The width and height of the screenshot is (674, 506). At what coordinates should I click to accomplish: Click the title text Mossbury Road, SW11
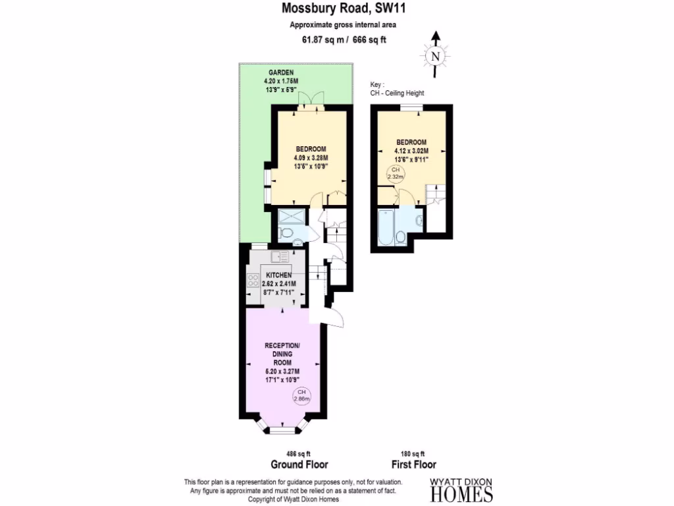[x=336, y=9]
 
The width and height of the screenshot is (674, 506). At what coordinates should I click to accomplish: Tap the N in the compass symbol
[x=434, y=56]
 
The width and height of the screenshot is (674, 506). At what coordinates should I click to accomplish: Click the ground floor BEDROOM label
[x=311, y=149]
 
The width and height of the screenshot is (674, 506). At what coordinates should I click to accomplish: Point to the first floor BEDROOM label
[x=411, y=142]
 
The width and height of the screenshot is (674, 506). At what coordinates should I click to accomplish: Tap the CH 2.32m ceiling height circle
[x=395, y=173]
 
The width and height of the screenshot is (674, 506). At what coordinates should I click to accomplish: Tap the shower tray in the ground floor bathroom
[x=289, y=217]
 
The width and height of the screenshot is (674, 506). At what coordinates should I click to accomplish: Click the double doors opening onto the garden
[x=311, y=99]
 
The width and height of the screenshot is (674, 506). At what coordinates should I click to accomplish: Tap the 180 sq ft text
[x=413, y=453]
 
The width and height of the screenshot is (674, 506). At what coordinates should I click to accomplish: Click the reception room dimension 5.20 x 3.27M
[x=282, y=372]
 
